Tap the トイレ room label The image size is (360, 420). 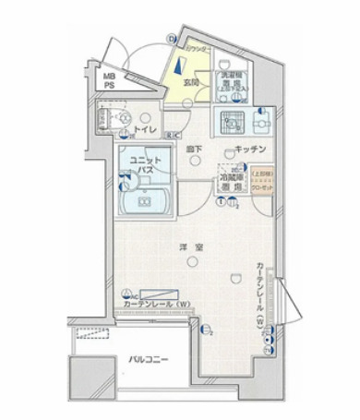pos(145,129)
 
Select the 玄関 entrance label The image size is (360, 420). pos(192,82)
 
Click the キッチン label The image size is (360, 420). pos(250,149)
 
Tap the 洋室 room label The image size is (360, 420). pos(191,246)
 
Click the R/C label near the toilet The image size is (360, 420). pos(174,137)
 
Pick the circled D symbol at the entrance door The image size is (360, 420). pos(172,39)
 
